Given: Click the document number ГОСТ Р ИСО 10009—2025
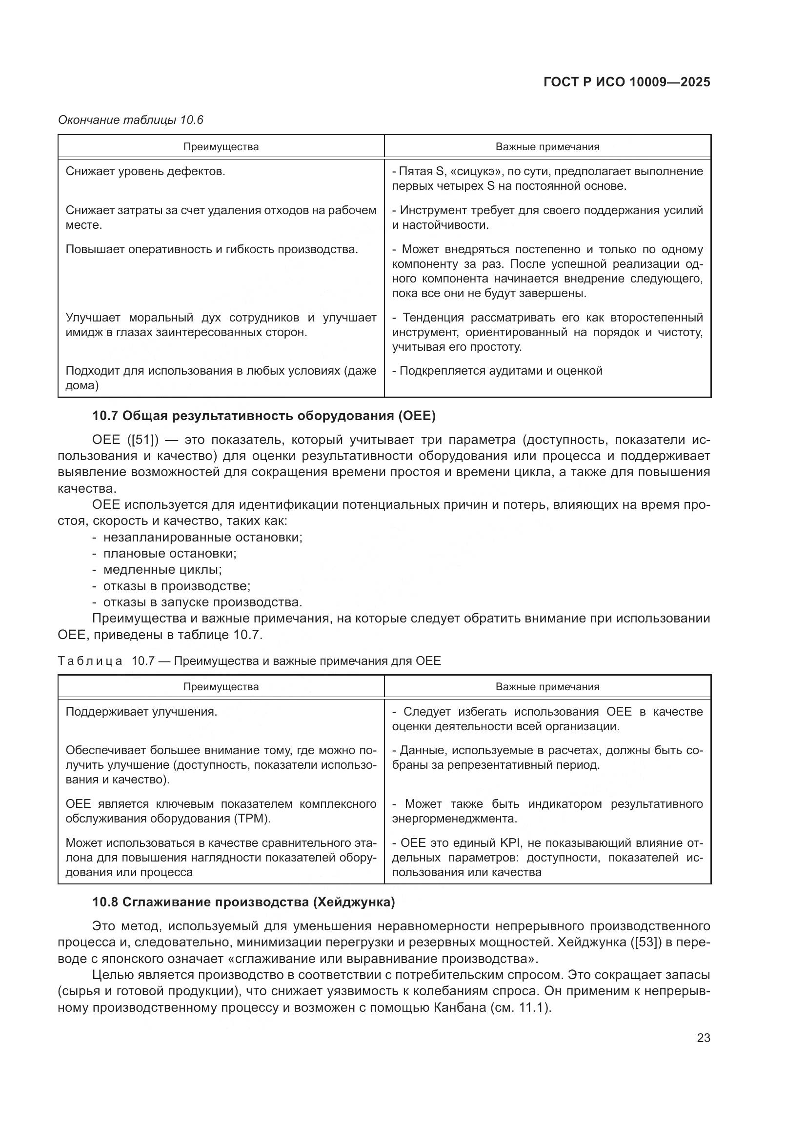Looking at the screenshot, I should click(x=626, y=82).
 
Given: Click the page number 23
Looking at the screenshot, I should click(x=703, y=1038).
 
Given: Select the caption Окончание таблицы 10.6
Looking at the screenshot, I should click(x=131, y=120).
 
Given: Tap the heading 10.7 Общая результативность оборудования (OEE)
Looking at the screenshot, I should click(x=263, y=416).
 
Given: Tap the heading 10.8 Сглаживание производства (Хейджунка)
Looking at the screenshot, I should click(x=243, y=902).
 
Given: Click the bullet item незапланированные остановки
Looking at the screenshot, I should click(x=202, y=537).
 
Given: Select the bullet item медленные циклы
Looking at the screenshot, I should click(x=162, y=569).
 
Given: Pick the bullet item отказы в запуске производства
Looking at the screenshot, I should click(x=202, y=602).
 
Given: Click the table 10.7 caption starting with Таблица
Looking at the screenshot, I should click(x=249, y=661).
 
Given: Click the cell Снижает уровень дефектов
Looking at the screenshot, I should click(x=145, y=171).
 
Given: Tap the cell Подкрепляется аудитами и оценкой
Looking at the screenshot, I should click(x=501, y=371).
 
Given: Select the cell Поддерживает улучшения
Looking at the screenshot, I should click(x=141, y=712).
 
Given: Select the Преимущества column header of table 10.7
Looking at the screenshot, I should click(x=221, y=687).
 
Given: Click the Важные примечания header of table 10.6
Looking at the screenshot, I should click(x=547, y=147).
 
